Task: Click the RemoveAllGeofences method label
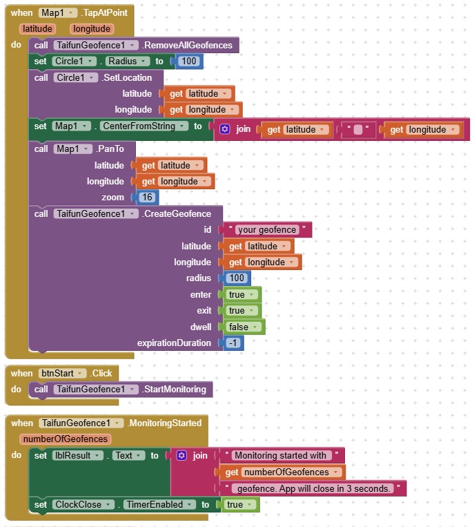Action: coord(188,46)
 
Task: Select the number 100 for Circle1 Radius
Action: coord(188,61)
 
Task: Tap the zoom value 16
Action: coord(147,198)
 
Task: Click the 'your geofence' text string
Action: coord(266,230)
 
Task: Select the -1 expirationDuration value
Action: coord(234,343)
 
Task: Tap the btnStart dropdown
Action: coord(61,374)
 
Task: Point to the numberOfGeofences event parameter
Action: coord(66,439)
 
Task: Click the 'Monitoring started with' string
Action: coord(280,456)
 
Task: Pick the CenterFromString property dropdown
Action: coord(144,126)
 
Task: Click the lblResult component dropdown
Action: coord(78,456)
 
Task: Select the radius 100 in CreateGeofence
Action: coord(237,278)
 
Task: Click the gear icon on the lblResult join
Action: coord(181,456)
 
